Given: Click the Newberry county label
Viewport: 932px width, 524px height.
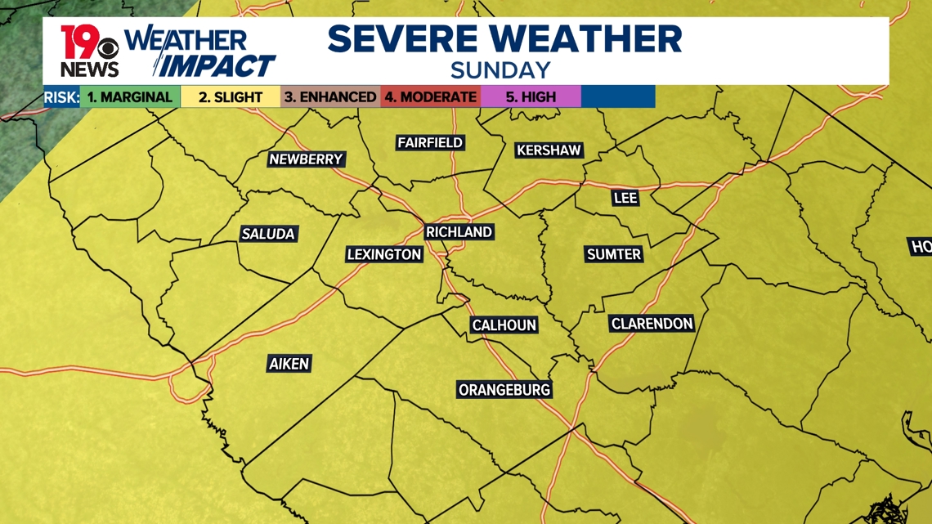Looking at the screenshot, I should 307,159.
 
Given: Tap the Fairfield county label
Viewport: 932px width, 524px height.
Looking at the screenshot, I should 430,143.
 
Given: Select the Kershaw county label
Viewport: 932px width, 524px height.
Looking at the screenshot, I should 549,150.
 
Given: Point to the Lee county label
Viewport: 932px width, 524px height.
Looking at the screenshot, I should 625,198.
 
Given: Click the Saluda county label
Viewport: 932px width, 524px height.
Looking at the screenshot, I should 267,235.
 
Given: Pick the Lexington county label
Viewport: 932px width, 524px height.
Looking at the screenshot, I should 384,255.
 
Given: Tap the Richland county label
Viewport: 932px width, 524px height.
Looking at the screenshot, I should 459,232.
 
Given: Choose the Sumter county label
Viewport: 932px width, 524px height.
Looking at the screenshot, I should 614,255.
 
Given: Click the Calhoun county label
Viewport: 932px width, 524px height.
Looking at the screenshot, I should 504,325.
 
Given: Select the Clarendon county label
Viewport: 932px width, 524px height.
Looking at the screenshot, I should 652,325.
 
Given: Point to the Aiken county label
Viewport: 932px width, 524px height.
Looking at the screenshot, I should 289,364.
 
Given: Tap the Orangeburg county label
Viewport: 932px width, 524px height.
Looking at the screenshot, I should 504,390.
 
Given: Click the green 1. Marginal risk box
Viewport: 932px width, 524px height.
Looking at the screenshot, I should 130,97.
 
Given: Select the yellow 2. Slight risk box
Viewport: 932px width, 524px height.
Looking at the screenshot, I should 230,97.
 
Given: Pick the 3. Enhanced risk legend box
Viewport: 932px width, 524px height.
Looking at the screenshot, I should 330,97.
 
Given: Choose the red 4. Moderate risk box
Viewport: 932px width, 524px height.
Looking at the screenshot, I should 431,97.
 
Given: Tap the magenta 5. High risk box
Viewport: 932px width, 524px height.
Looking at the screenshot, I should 531,97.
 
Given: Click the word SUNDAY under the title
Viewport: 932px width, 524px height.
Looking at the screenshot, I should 500,69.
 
